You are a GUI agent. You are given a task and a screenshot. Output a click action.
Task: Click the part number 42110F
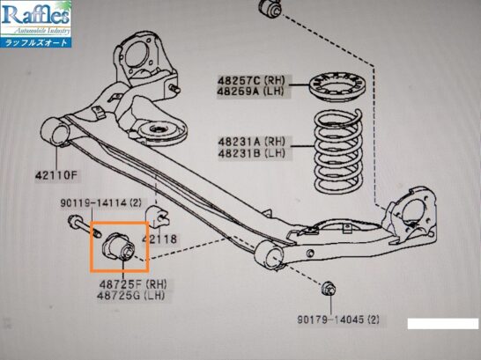click(x=56, y=175)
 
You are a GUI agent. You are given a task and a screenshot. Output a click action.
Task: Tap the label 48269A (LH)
click(x=250, y=92)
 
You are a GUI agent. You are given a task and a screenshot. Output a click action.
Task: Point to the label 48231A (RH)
click(x=252, y=142)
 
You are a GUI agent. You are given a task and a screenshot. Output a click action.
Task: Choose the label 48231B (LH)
click(x=252, y=153)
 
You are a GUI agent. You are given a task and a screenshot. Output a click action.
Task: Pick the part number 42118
click(x=159, y=239)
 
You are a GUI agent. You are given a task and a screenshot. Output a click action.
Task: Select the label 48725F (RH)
click(x=133, y=284)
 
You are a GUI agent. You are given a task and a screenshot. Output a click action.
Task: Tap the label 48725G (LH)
click(x=131, y=296)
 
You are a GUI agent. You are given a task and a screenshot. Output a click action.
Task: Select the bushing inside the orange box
click(x=118, y=246)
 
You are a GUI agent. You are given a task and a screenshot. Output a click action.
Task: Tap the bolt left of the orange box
click(x=85, y=227)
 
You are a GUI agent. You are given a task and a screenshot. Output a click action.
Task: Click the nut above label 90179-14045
click(x=329, y=289)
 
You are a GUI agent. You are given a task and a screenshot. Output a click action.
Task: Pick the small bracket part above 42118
click(x=157, y=217)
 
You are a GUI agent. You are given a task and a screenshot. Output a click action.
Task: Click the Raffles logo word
click(x=36, y=15)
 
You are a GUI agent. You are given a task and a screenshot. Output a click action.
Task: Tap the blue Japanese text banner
click(x=36, y=42)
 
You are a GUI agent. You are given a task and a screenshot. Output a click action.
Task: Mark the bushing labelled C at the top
click(x=271, y=9)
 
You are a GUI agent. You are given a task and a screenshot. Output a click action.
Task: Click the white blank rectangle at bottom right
click(x=442, y=324)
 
